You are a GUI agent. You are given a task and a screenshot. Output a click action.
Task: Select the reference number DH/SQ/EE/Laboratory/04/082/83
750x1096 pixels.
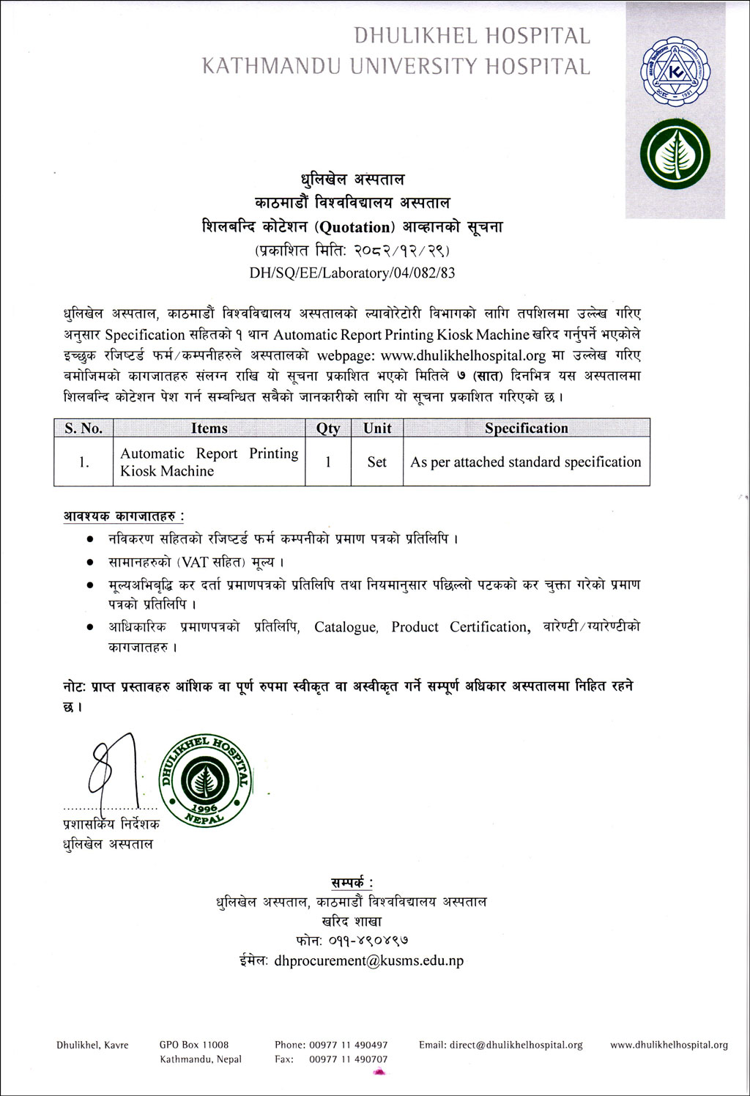point(352,273)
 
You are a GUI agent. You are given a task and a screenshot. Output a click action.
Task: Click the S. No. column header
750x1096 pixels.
point(83,428)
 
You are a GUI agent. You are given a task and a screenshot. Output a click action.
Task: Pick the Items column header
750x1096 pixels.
point(209,428)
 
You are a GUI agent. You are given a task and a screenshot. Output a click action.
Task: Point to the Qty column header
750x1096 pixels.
point(328,428)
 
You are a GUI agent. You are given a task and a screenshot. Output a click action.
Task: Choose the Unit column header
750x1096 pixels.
point(377,428)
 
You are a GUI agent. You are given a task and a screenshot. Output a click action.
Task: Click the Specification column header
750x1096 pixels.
point(526,428)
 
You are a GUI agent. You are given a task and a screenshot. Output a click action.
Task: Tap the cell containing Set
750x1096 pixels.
point(377,462)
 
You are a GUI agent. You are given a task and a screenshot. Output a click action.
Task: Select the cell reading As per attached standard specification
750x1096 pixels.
point(526,462)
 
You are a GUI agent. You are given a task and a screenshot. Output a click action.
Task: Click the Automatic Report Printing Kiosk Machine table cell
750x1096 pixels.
point(209,462)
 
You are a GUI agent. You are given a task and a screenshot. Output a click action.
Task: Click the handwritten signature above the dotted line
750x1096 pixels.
point(110,769)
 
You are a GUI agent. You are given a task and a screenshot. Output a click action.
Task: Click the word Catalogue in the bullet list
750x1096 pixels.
point(346,627)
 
